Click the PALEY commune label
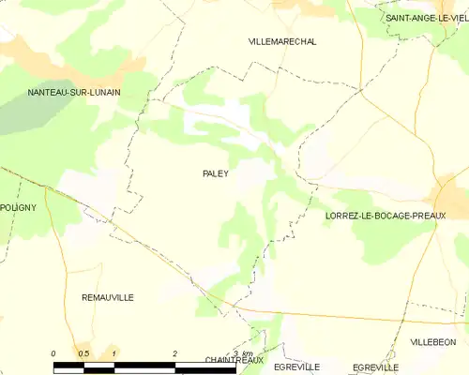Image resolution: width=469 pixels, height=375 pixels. click(216, 173)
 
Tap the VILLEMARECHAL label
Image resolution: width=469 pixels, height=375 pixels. click(282, 42)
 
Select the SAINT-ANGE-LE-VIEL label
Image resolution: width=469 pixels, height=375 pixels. click(427, 18)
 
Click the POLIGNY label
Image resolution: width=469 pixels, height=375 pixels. click(18, 207)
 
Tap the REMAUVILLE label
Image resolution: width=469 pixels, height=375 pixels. click(108, 297)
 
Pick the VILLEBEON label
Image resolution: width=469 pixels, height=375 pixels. click(433, 343)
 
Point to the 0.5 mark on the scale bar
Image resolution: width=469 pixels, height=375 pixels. click(83, 352)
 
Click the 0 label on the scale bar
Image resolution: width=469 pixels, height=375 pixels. click(53, 352)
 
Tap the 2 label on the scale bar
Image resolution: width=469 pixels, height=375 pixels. click(175, 352)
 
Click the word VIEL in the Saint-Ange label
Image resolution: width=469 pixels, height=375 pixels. click(456, 18)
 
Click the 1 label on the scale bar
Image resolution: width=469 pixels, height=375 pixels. click(113, 352)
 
